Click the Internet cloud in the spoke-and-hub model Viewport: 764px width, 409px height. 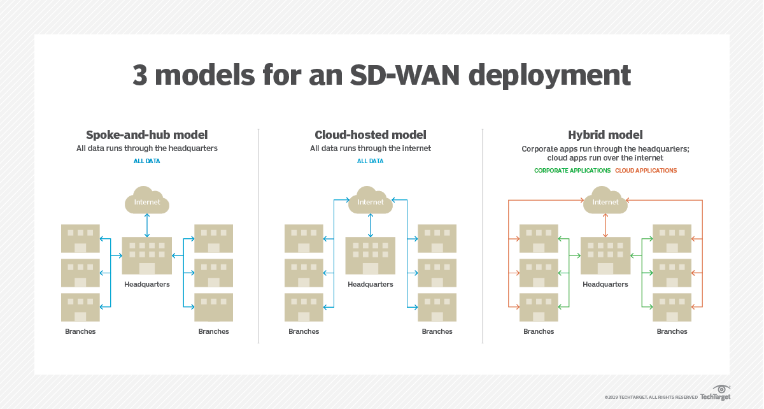[147, 201]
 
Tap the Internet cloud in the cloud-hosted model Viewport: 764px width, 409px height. [371, 201]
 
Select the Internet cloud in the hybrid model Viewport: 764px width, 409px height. [605, 201]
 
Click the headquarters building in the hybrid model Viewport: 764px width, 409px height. [605, 256]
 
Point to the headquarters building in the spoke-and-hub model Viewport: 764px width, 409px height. [147, 256]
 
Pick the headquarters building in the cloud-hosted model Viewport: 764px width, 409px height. [371, 256]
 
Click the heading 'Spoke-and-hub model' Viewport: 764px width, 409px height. [147, 135]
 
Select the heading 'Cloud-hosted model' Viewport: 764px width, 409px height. [371, 135]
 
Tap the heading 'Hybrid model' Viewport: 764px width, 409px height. [605, 135]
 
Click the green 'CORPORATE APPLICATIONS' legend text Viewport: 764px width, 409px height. [572, 171]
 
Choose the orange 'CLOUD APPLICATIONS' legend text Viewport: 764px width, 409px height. [646, 171]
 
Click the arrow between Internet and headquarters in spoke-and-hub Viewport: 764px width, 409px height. [147, 225]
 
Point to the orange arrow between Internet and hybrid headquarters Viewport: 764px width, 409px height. [605, 225]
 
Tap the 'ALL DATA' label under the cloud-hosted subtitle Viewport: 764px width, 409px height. [371, 161]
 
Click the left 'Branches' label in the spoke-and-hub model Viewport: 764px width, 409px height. [80, 331]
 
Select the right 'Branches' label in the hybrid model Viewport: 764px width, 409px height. [672, 331]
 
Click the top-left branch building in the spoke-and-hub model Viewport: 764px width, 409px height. [80, 238]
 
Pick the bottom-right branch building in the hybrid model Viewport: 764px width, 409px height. [672, 307]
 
